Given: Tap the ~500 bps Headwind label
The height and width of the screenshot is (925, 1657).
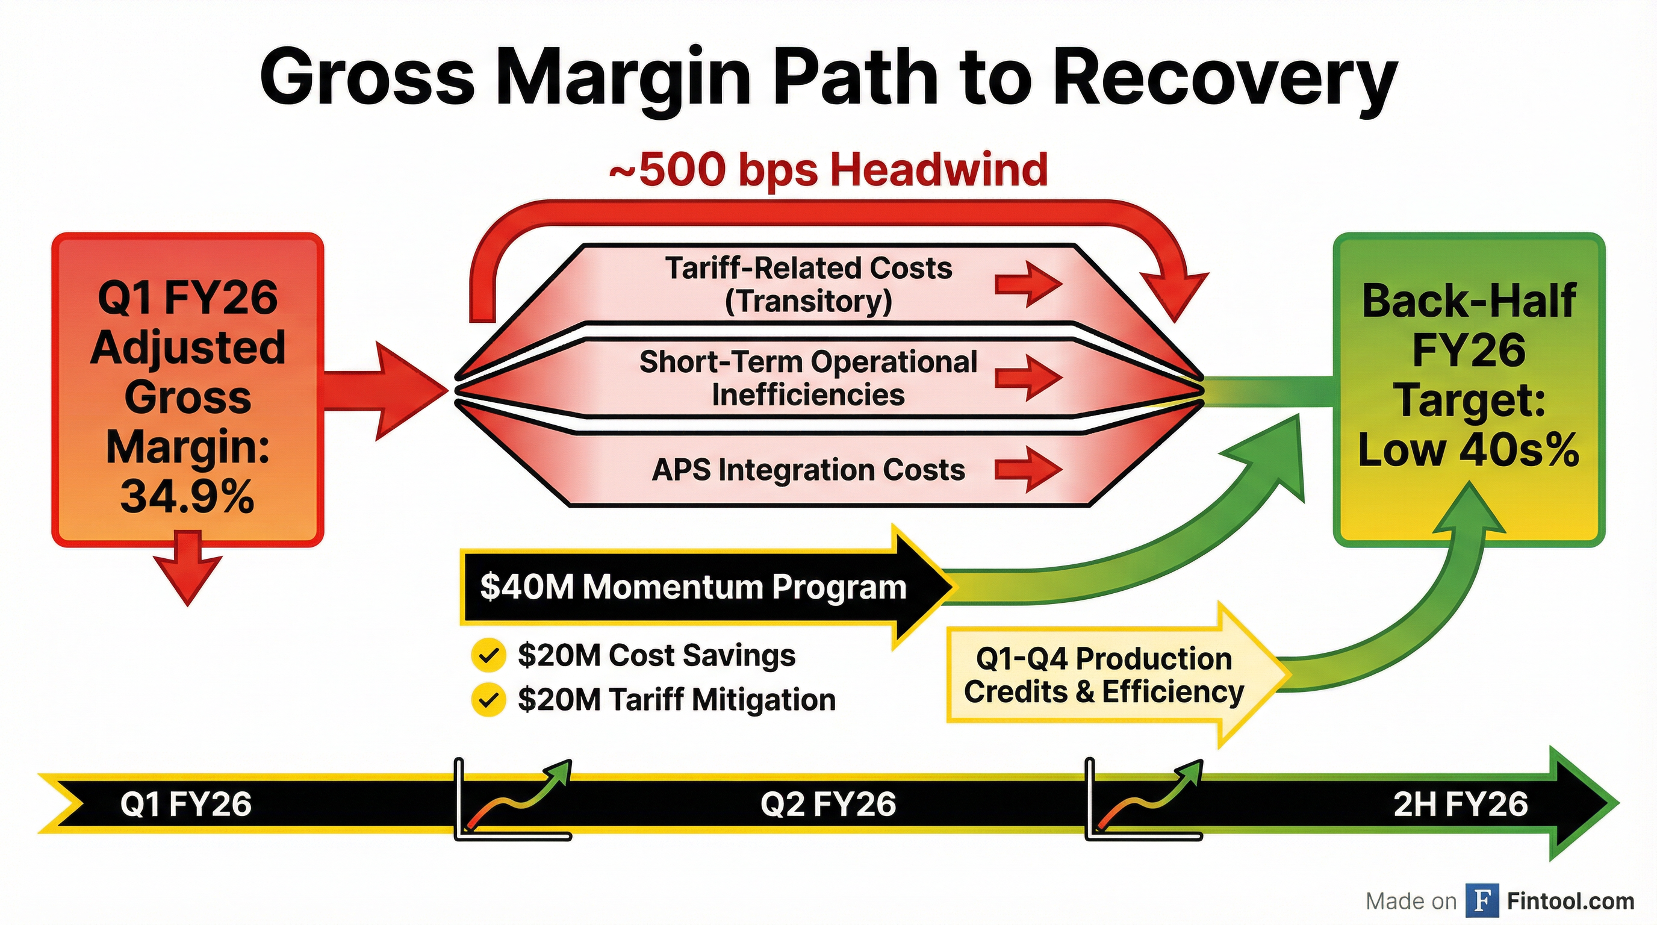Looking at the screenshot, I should (x=828, y=170).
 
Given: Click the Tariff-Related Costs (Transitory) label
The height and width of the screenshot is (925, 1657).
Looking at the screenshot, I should (x=809, y=284).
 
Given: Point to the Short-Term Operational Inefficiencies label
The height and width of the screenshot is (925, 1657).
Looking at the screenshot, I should (x=808, y=378).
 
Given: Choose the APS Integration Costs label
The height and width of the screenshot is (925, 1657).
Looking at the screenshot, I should (x=809, y=470).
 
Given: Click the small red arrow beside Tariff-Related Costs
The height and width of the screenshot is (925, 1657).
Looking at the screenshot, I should (x=1027, y=283).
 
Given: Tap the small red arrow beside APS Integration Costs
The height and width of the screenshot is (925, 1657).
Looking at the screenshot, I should (x=1027, y=470).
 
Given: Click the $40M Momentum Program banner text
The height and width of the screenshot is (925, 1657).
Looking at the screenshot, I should (x=694, y=587).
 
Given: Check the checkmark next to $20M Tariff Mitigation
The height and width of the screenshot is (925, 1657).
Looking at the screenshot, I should (x=488, y=700).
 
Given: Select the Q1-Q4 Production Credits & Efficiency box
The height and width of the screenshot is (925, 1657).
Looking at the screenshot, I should (x=1104, y=676).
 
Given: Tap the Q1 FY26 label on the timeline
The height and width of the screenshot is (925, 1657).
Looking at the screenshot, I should (x=186, y=805).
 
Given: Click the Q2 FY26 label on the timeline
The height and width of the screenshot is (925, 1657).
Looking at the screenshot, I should (x=828, y=805).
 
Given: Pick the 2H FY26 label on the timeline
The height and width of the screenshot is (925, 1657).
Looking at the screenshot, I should (x=1460, y=805).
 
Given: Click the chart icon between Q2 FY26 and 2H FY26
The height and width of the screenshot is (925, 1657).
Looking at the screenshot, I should (x=1143, y=801).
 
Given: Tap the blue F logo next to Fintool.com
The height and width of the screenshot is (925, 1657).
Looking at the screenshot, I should (x=1482, y=901).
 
